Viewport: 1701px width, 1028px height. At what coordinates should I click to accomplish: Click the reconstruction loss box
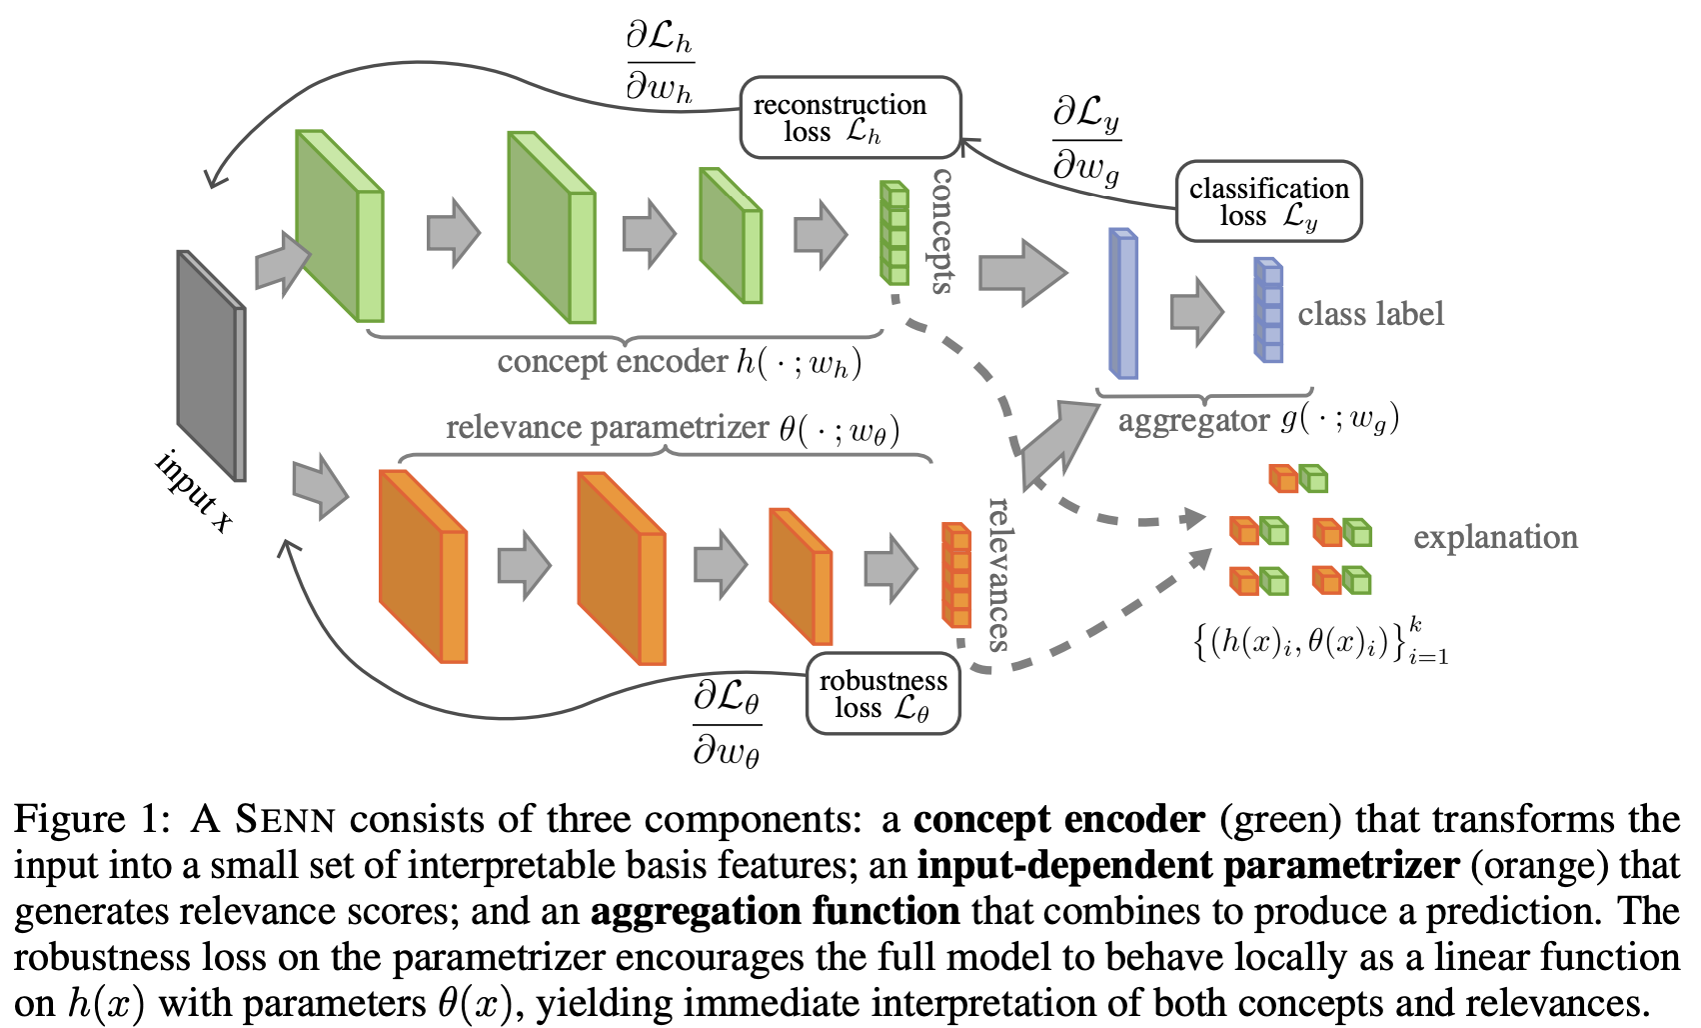[850, 118]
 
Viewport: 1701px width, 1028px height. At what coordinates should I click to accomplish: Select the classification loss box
[1268, 201]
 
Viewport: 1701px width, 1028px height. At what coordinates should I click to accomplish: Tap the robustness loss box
[882, 694]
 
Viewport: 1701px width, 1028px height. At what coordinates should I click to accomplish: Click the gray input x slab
[211, 365]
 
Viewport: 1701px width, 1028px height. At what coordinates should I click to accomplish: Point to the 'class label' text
[1370, 314]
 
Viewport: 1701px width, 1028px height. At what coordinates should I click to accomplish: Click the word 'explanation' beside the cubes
[1495, 537]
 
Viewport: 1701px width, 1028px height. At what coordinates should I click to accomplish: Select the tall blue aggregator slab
[1123, 304]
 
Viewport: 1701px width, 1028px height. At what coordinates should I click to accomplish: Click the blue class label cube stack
[1268, 310]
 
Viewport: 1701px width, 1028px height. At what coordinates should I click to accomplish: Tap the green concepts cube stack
[893, 233]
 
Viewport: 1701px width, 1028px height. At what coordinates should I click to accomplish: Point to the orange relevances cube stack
[955, 574]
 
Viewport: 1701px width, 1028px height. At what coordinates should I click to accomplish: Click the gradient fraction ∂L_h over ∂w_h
[660, 62]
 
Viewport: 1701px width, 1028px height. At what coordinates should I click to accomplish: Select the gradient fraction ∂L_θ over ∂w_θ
[727, 724]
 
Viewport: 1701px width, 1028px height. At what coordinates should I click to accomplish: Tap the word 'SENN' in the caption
[285, 820]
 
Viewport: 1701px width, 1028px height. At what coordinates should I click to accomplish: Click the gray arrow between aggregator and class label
[1196, 311]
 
